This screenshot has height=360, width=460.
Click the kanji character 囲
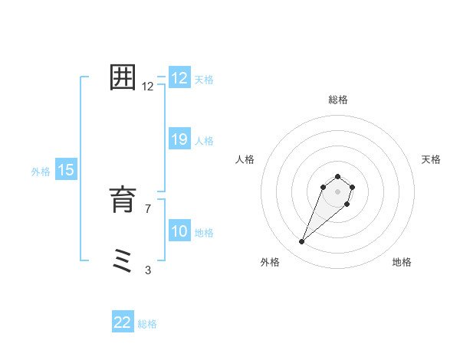click(123, 78)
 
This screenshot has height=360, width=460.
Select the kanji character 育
click(123, 201)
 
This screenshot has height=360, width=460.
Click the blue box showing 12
click(179, 78)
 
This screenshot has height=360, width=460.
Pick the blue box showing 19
click(179, 139)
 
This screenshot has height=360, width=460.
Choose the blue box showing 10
click(179, 231)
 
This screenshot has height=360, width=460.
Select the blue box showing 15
click(66, 170)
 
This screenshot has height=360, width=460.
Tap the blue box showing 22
click(123, 322)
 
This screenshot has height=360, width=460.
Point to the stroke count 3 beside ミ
click(148, 270)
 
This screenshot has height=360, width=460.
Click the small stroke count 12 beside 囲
click(148, 87)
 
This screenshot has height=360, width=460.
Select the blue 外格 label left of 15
click(41, 172)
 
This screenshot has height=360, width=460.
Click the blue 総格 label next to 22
click(147, 324)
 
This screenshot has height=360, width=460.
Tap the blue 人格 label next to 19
click(204, 141)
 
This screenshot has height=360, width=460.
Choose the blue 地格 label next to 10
click(204, 233)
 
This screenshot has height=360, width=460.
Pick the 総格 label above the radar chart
click(338, 100)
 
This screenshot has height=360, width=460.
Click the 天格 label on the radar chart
click(431, 159)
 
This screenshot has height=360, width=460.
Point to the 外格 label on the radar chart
click(270, 262)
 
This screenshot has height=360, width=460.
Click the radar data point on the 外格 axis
click(302, 242)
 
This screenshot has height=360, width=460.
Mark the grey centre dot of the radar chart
click(338, 191)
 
